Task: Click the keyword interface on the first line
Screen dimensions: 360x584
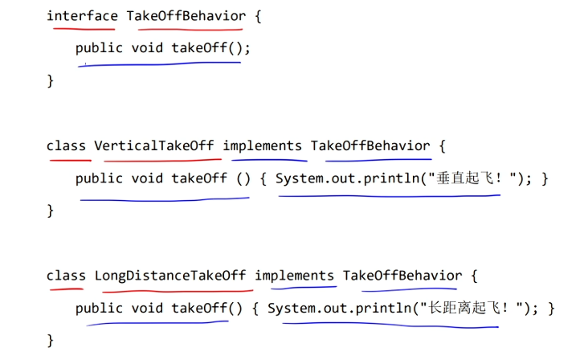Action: point(82,15)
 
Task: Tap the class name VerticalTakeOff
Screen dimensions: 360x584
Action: point(154,145)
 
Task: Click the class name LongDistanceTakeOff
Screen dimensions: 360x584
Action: point(170,276)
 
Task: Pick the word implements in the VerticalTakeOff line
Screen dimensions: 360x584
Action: point(263,145)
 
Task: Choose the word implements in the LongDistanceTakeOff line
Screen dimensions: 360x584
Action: point(295,276)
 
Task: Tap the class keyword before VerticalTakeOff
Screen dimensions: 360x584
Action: point(66,145)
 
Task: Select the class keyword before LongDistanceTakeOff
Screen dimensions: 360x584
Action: point(66,276)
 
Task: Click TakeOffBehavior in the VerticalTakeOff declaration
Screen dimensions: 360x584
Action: point(370,145)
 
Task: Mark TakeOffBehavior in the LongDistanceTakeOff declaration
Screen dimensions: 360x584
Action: point(402,276)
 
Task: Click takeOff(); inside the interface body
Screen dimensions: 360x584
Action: point(211,48)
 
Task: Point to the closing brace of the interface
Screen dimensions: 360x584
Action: point(50,80)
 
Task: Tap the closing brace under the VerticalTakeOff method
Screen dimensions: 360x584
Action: point(50,211)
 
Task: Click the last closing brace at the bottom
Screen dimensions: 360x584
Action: point(50,340)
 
